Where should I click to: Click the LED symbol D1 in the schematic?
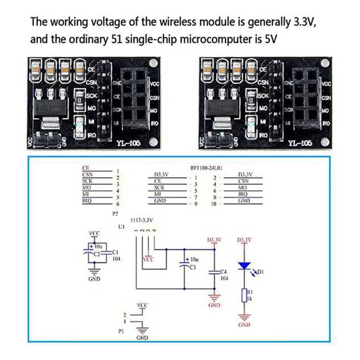[244, 266]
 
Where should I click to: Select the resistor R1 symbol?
[244, 295]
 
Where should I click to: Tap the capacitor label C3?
[193, 267]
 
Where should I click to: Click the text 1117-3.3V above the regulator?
[142, 220]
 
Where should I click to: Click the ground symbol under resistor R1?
[244, 317]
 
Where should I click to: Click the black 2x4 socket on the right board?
[307, 96]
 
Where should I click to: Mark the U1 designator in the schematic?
[121, 227]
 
